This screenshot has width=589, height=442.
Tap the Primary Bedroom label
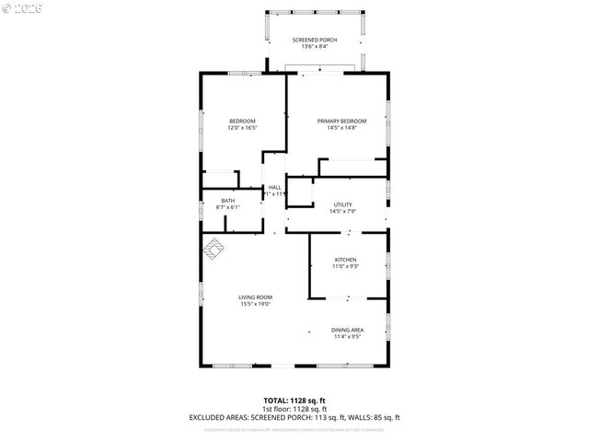[341, 122]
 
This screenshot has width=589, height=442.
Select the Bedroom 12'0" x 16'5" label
[242, 122]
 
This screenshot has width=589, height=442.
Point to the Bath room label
[227, 201]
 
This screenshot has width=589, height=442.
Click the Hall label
[274, 187]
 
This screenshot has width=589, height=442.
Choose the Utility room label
[342, 205]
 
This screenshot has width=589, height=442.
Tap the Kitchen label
[345, 260]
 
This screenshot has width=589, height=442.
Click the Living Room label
[255, 297]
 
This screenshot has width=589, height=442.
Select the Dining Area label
[348, 330]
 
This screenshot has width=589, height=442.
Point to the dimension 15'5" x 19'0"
[255, 304]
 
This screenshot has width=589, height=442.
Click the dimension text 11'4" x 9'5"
[348, 337]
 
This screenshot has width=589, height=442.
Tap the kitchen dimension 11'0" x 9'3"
[345, 267]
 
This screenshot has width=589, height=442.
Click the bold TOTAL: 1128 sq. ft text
[294, 400]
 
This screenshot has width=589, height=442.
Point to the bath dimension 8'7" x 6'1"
[227, 208]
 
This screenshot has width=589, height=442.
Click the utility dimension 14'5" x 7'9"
[342, 213]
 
